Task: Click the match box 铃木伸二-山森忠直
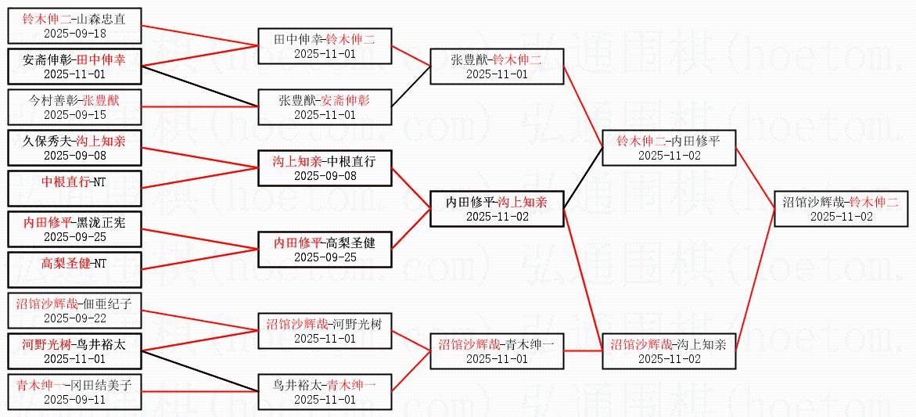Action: point(74,25)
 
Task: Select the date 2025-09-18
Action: point(74,33)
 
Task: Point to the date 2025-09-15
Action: point(74,115)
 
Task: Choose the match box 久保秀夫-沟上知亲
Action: point(74,148)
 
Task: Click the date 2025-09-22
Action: point(74,318)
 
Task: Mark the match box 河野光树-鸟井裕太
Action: point(74,351)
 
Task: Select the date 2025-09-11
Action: point(74,400)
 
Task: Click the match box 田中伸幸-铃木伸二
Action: point(325,47)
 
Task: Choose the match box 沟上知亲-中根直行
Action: point(325,168)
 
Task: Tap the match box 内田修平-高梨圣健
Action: point(325,250)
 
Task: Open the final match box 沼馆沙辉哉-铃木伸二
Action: point(841,209)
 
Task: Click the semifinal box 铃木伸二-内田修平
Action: point(669,148)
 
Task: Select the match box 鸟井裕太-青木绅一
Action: point(325,392)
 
